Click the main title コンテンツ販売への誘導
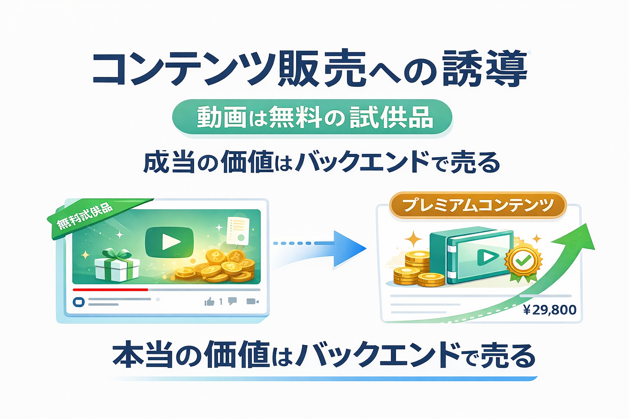pyautogui.click(x=310, y=69)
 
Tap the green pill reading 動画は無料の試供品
pyautogui.click(x=312, y=117)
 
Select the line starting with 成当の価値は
pyautogui.click(x=321, y=162)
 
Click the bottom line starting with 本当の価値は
pyautogui.click(x=324, y=355)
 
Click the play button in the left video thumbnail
pyautogui.click(x=170, y=242)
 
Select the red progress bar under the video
pyautogui.click(x=110, y=290)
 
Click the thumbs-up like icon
pyautogui.click(x=209, y=302)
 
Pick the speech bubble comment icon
pyautogui.click(x=232, y=301)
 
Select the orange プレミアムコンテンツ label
pyautogui.click(x=477, y=205)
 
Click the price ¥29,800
pyautogui.click(x=550, y=310)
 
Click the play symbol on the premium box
pyautogui.click(x=487, y=257)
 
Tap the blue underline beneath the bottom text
pyautogui.click(x=324, y=378)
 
